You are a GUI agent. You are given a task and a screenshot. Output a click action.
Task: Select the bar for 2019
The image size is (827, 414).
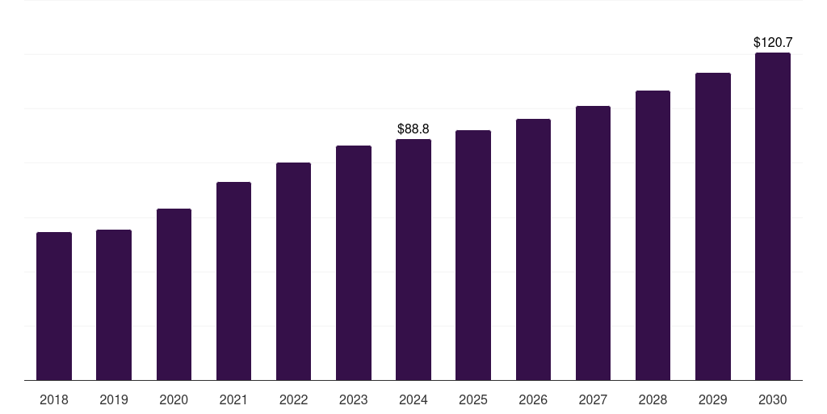[x=114, y=305]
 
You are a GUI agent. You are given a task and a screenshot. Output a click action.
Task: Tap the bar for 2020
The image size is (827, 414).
[x=174, y=294]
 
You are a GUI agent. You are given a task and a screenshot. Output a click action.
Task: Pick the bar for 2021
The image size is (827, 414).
[x=233, y=281]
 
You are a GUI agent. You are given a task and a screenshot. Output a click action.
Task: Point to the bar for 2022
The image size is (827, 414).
[x=293, y=271]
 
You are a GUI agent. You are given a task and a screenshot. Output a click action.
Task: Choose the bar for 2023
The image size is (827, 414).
[x=354, y=263]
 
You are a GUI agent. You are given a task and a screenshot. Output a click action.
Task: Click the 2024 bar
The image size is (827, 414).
[x=413, y=260]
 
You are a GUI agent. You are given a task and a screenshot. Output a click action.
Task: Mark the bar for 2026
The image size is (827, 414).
[x=533, y=249]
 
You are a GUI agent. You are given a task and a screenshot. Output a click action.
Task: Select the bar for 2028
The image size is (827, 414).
[x=653, y=235]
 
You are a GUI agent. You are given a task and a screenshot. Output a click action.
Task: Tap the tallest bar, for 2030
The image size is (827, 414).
[x=773, y=217]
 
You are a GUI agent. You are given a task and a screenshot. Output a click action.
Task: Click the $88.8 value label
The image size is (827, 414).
[x=413, y=129]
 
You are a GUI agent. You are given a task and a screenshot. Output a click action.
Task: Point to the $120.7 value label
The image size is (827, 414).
[x=773, y=42]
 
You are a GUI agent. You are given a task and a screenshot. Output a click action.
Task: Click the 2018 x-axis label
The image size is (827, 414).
[x=54, y=399]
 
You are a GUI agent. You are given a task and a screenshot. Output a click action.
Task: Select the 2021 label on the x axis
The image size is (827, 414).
[x=233, y=399]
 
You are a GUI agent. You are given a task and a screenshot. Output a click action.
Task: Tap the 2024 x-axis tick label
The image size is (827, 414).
[x=413, y=399]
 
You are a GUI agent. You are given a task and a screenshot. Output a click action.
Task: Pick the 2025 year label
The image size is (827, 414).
[x=473, y=399]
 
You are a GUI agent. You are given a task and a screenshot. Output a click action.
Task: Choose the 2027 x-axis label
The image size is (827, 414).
[x=593, y=399]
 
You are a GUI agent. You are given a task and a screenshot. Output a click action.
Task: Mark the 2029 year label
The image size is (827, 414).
[x=713, y=399]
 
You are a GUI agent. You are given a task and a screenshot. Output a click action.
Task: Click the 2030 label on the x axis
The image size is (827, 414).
[x=773, y=399]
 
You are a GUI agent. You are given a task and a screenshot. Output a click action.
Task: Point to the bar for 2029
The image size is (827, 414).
[x=713, y=226]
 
